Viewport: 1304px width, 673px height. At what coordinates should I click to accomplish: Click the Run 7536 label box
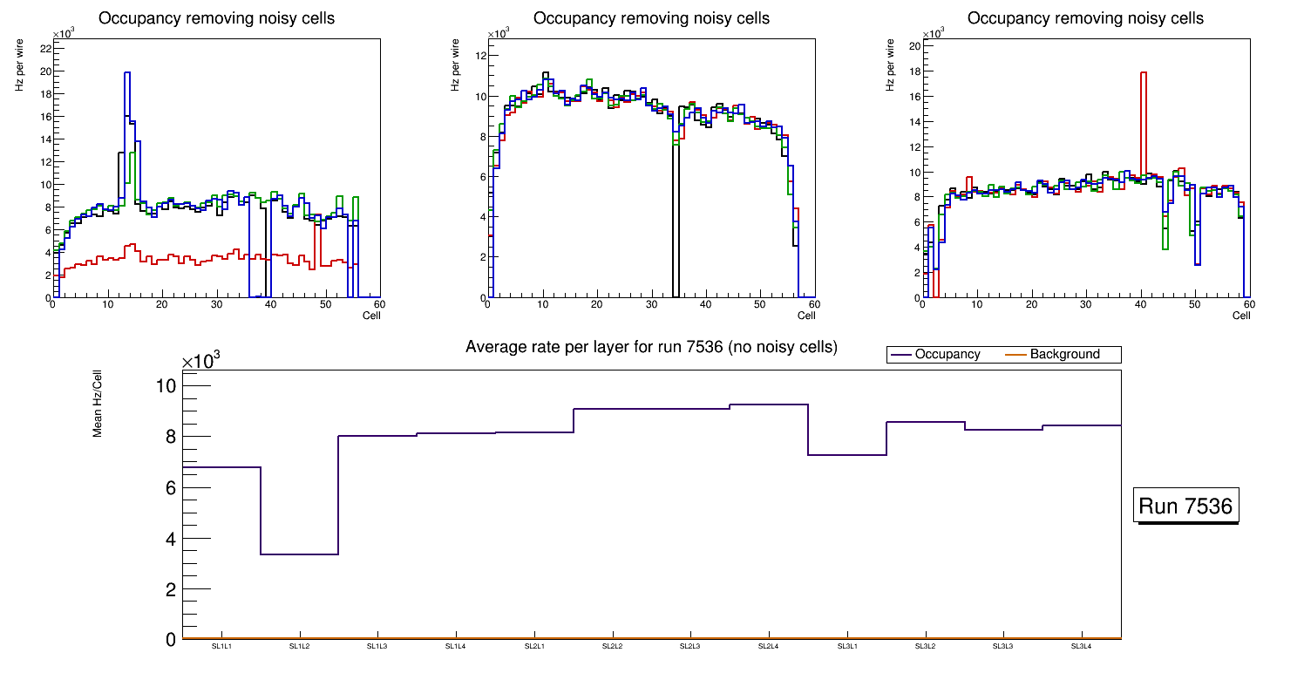point(1185,506)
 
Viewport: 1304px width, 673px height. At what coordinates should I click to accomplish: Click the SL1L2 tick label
point(300,646)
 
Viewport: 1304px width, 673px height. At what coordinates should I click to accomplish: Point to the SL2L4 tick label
point(768,646)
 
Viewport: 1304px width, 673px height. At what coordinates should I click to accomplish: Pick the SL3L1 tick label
point(846,646)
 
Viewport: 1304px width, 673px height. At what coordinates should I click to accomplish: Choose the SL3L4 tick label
point(1081,646)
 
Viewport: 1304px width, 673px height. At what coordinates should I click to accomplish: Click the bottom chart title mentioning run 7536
point(651,347)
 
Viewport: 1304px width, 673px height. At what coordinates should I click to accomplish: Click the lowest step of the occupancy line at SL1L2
point(299,554)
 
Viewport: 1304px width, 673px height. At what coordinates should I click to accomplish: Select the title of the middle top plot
point(651,18)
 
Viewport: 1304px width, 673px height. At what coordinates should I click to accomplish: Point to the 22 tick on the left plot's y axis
point(44,48)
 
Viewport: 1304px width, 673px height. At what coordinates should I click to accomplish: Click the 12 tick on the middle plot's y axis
point(479,56)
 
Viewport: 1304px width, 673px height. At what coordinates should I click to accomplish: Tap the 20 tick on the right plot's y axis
point(915,46)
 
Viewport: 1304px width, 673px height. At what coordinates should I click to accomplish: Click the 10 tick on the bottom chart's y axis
point(166,385)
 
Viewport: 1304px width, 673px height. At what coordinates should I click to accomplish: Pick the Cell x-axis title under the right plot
point(1241,316)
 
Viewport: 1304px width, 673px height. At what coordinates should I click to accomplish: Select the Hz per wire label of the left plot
point(19,67)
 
